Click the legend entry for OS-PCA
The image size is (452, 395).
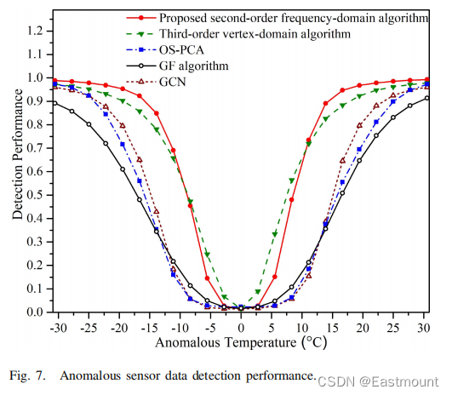pos(181,50)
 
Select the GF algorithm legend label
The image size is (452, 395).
pos(194,66)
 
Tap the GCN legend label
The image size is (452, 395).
pos(173,82)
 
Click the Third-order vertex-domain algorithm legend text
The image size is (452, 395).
pos(255,34)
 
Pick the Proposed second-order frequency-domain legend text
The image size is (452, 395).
pos(294,18)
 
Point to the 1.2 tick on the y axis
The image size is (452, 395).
pos(35,31)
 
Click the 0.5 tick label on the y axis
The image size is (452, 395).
pos(35,195)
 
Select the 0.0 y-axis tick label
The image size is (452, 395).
pos(35,312)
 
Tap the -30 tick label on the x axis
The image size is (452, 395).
pos(59,328)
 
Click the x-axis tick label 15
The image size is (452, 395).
pos(333,328)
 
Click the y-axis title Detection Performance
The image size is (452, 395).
pos(17,154)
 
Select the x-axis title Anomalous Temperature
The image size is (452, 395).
pos(226,342)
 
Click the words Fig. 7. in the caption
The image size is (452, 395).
pos(28,375)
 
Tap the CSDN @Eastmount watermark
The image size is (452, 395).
pos(378,381)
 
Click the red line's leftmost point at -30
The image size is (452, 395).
pos(54,80)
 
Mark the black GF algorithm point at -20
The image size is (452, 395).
pos(123,169)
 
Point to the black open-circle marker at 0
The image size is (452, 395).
pos(241,308)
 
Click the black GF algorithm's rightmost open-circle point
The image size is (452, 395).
pos(427,98)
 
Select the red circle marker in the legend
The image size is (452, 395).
pos(141,18)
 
